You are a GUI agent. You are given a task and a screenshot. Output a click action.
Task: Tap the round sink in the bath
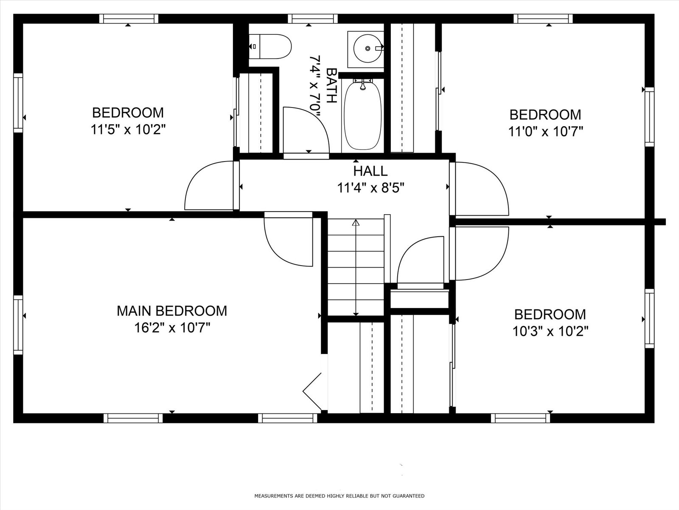(x=368, y=48)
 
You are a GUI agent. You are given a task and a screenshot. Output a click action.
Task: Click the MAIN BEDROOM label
(x=172, y=311)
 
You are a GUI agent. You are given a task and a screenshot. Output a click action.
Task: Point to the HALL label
(x=370, y=171)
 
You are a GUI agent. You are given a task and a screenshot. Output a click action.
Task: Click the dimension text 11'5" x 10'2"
(x=128, y=130)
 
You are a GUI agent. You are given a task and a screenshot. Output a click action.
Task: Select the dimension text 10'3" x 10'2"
(x=550, y=331)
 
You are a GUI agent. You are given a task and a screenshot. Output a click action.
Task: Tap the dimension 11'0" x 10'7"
(x=545, y=132)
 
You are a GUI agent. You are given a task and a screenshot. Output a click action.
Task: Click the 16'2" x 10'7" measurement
(x=172, y=328)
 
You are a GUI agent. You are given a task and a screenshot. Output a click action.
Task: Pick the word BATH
(x=331, y=85)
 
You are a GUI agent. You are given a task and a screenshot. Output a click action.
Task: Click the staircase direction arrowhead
(x=356, y=222)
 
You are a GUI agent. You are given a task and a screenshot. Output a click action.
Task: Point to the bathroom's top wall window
(x=312, y=19)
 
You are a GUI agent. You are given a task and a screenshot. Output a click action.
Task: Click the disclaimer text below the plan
(x=339, y=496)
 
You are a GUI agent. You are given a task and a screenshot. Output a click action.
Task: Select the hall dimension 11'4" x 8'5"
(x=370, y=188)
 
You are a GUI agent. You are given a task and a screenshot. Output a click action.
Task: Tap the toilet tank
(x=254, y=46)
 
